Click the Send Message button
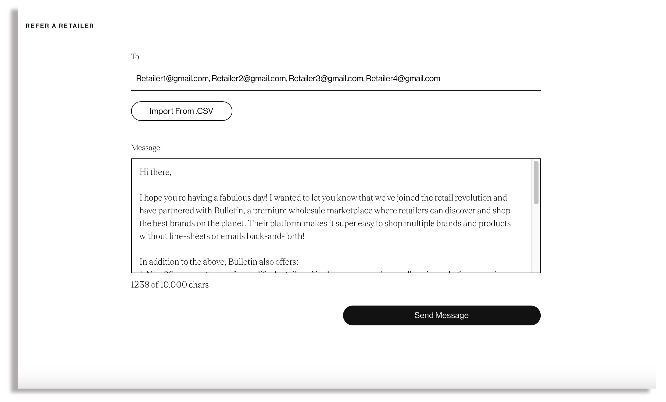[x=441, y=315]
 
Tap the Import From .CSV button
[x=181, y=111]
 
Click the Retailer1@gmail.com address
[x=172, y=79]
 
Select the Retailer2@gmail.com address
[x=249, y=79]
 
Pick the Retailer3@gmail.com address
[x=326, y=79]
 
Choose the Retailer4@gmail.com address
[x=403, y=79]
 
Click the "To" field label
[x=135, y=57]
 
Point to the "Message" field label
[x=145, y=148]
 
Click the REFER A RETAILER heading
[x=60, y=26]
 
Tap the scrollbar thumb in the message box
[x=536, y=183]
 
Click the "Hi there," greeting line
[x=155, y=172]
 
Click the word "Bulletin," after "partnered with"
[x=229, y=211]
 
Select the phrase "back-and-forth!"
[x=275, y=236]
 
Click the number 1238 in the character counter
[x=140, y=285]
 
